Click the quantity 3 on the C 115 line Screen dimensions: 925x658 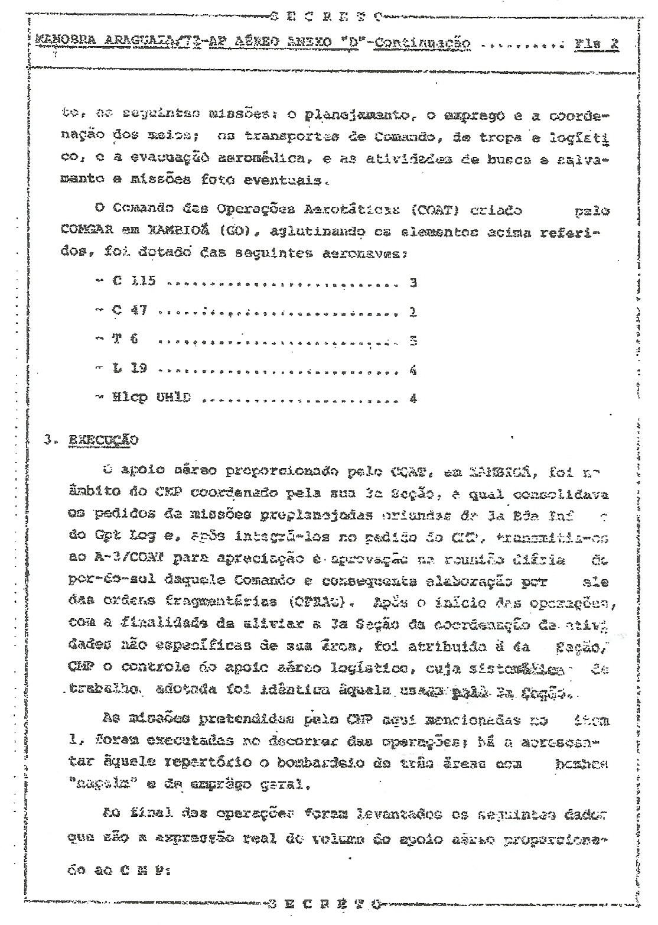tap(413, 283)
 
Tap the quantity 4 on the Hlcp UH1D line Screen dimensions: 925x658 tap(413, 399)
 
